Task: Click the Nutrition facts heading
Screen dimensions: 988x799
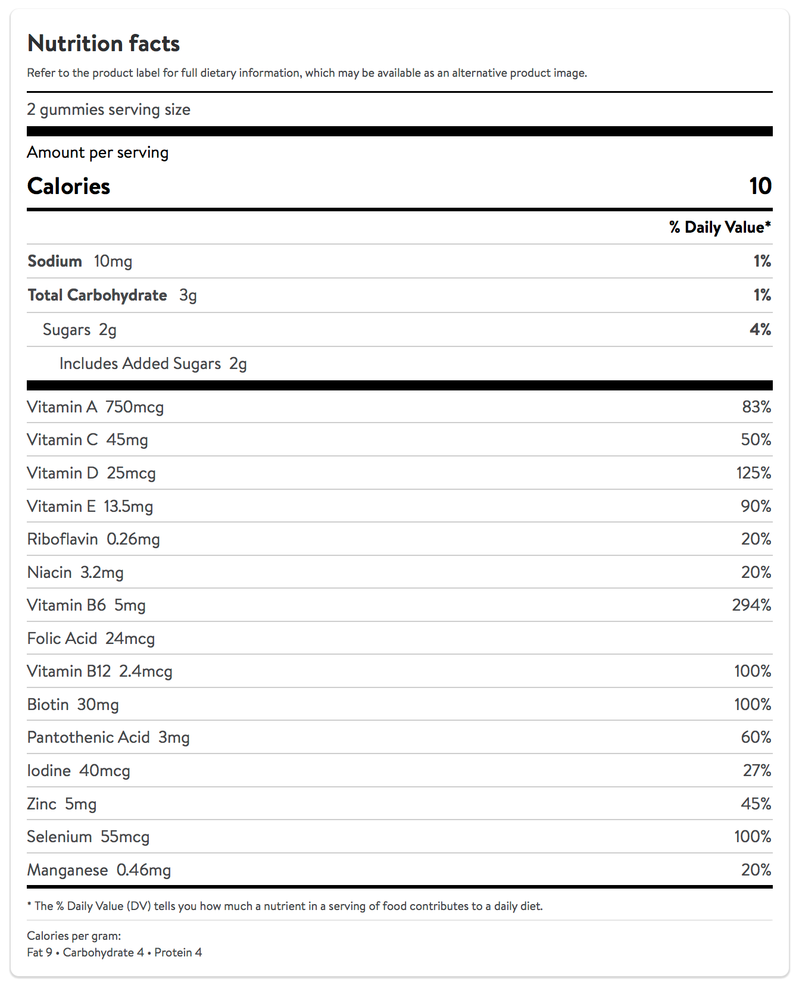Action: pos(104,43)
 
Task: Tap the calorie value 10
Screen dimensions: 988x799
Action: pos(760,186)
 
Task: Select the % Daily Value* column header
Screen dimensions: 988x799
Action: pos(720,227)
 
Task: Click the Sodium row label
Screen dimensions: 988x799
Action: pos(55,261)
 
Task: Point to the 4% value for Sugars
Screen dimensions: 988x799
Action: pos(760,329)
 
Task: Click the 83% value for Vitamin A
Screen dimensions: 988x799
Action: pos(756,407)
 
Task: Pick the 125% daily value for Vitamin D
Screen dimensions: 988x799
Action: pos(754,473)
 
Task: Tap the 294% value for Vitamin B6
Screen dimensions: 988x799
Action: pos(751,605)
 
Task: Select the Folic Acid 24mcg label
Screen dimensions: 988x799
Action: pos(91,639)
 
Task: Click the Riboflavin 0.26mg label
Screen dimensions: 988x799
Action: pos(93,539)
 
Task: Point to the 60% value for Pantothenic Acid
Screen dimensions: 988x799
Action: pos(756,737)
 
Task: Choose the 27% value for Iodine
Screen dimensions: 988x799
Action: pos(757,771)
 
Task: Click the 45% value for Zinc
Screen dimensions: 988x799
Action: pos(756,804)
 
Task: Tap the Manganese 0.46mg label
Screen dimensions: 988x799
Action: pos(99,870)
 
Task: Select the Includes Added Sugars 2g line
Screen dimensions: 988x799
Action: pos(153,364)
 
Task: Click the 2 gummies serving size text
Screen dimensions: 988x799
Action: pos(109,110)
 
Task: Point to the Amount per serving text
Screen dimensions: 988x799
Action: pos(98,152)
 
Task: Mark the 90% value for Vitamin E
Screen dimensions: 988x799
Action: pos(756,506)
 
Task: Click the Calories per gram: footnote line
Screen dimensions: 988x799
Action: pos(74,936)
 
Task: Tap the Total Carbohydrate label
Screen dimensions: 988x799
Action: pos(98,295)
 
